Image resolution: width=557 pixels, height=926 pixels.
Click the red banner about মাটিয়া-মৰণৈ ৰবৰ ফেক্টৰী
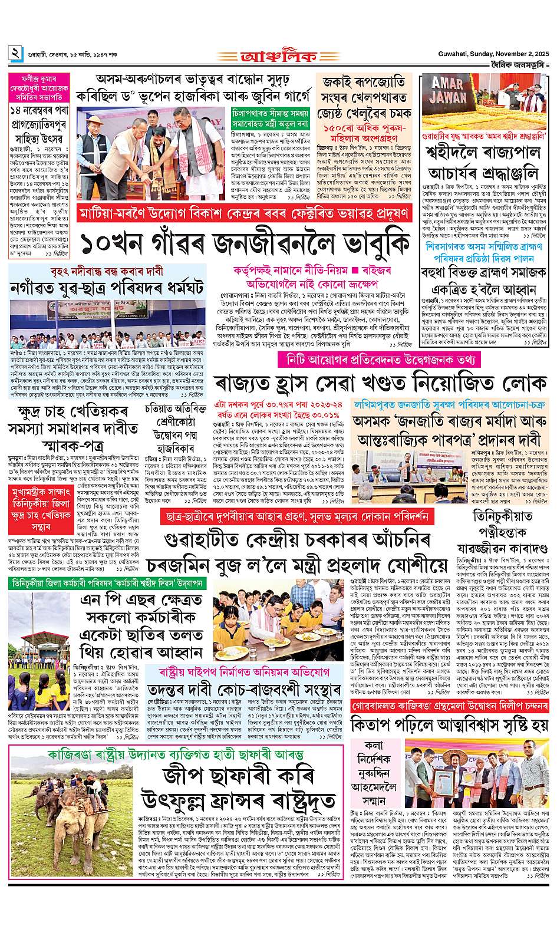[244, 212]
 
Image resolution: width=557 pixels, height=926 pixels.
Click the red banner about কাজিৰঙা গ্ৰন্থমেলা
[449, 706]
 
